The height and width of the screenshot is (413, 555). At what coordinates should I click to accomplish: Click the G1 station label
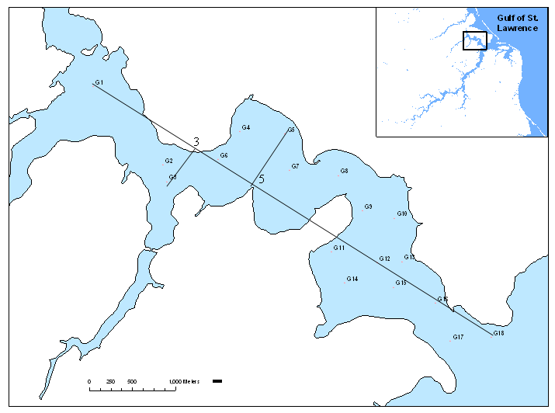[x=99, y=82]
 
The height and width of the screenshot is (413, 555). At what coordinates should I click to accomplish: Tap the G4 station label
[x=245, y=127]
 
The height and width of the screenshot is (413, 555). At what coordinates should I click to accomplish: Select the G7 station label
[x=295, y=166]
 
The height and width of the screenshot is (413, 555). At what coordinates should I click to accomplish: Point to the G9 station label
[x=368, y=206]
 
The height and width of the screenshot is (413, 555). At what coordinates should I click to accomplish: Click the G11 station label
[x=339, y=248]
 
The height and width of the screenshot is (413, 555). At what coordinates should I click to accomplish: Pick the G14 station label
[x=352, y=279]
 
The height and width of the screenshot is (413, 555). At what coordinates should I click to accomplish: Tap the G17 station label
[x=458, y=337]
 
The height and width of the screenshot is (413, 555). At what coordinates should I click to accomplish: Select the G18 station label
[x=498, y=333]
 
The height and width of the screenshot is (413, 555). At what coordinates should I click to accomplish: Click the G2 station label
[x=168, y=161]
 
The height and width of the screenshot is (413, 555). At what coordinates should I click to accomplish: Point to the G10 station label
[x=402, y=213]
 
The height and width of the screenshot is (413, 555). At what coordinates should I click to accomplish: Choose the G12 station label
[x=385, y=259]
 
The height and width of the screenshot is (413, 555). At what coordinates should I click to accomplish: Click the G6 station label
[x=224, y=155]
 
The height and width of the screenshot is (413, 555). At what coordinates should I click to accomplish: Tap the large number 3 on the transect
[x=196, y=142]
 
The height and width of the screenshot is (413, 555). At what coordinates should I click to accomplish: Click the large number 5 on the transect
[x=261, y=179]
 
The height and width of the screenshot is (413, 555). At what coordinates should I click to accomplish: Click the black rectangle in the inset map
[x=474, y=40]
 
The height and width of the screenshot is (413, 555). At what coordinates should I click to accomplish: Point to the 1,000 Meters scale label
[x=185, y=382]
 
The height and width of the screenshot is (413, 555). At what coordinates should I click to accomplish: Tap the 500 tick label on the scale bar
[x=132, y=382]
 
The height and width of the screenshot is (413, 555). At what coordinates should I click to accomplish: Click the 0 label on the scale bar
[x=89, y=382]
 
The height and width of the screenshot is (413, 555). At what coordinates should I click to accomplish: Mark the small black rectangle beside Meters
[x=217, y=381]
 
